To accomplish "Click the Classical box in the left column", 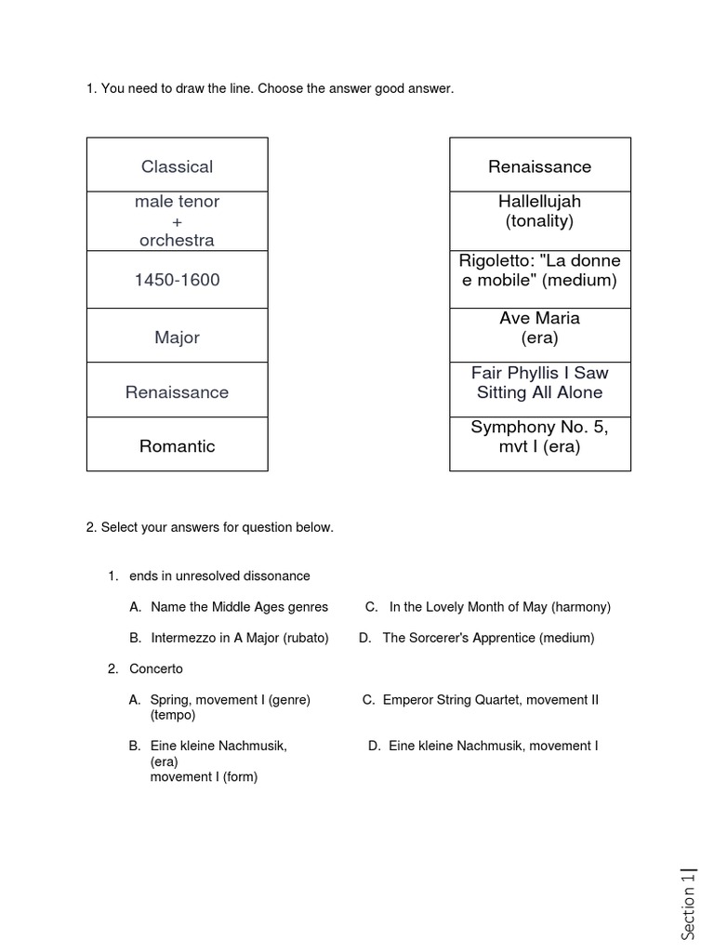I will (x=177, y=166).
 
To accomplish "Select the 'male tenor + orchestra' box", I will (x=177, y=221).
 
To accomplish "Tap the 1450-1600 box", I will (x=177, y=280).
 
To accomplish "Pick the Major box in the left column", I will (x=177, y=337).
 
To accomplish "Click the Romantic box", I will (x=177, y=445).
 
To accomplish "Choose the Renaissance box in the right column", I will (x=540, y=166).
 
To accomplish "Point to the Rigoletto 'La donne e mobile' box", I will (x=540, y=270).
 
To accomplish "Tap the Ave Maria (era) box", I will (x=540, y=328).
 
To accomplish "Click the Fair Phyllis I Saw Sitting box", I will (x=540, y=383).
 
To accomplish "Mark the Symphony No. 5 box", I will (x=540, y=437).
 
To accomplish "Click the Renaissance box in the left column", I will (x=177, y=392).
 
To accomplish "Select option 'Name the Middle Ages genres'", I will (x=239, y=607).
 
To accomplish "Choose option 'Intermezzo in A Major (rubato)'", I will (x=237, y=638).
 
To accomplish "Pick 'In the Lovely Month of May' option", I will (x=499, y=607).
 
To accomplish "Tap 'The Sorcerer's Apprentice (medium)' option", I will (x=488, y=638).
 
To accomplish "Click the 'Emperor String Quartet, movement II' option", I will (x=490, y=700).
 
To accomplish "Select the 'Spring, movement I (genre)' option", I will (x=230, y=700).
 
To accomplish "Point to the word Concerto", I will (x=156, y=668).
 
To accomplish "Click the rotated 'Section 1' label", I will (x=689, y=901).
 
